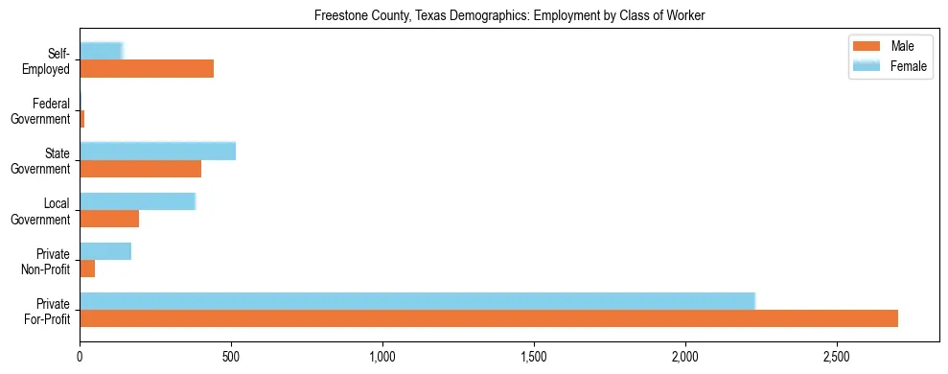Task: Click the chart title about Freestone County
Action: coord(510,16)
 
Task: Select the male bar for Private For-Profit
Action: coord(489,318)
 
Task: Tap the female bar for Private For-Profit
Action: coord(417,301)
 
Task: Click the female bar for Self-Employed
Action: coord(102,51)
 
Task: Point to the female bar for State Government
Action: coord(157,151)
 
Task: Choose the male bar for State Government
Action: coord(140,169)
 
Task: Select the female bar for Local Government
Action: coord(137,201)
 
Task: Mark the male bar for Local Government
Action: coord(109,219)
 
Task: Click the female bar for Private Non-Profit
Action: coord(105,251)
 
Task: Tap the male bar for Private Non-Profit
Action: coord(87,269)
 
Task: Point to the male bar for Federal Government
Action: coord(82,119)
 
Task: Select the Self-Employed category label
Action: coord(47,61)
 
